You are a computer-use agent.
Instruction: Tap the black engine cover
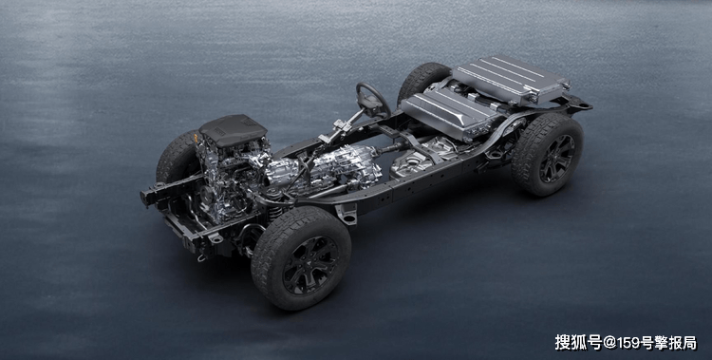tap(233, 130)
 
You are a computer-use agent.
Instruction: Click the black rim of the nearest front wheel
tap(310, 265)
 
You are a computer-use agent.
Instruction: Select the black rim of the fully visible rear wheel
tap(556, 159)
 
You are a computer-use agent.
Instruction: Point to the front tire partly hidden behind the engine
tap(178, 157)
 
